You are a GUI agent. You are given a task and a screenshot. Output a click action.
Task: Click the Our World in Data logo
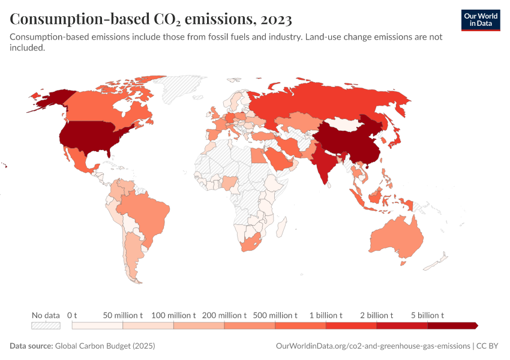pyautogui.click(x=481, y=20)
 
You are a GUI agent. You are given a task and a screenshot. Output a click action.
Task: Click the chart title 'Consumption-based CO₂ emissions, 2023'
pyautogui.click(x=151, y=19)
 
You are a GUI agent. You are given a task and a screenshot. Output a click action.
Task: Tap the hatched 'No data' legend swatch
pyautogui.click(x=46, y=326)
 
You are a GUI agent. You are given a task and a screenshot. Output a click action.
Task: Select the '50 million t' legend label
pyautogui.click(x=122, y=315)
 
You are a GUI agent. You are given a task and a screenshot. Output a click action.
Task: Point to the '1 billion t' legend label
pyautogui.click(x=326, y=315)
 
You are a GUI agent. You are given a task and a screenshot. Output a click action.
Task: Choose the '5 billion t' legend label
pyautogui.click(x=427, y=315)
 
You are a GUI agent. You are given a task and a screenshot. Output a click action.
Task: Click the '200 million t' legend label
pyautogui.click(x=224, y=315)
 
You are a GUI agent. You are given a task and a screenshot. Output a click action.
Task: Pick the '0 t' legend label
pyautogui.click(x=72, y=315)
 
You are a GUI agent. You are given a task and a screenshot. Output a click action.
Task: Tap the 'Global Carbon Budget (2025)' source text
pyautogui.click(x=104, y=346)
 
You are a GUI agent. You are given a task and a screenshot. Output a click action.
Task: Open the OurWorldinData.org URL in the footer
pyautogui.click(x=373, y=346)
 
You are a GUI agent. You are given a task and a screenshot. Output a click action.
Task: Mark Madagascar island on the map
pyautogui.click(x=280, y=227)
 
